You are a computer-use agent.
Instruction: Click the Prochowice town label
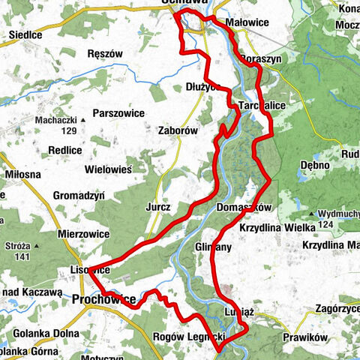[104, 300]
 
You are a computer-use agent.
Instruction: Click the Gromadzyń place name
[79, 196]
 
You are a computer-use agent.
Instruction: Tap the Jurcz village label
[160, 205]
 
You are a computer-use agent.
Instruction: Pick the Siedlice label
[24, 35]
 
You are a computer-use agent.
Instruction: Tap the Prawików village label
[305, 337]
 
